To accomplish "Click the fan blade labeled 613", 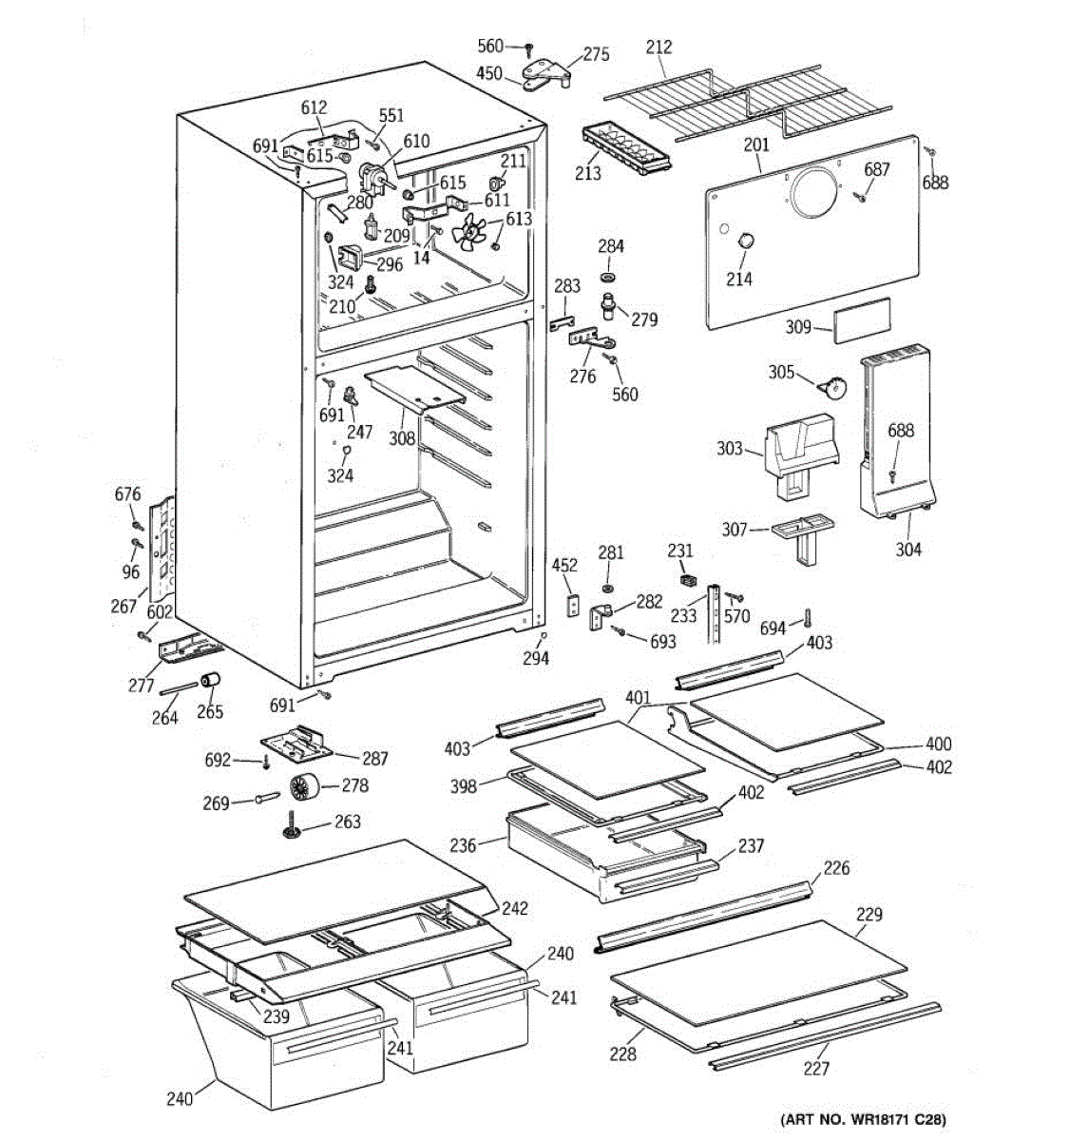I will point(471,231).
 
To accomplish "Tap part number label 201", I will point(756,145).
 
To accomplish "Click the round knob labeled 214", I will point(745,239).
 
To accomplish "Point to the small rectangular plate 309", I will point(863,319).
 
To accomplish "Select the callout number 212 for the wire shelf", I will point(659,47).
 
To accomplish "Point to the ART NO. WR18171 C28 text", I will point(863,1120).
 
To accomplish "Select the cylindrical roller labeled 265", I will point(210,681).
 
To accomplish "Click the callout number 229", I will point(869,915).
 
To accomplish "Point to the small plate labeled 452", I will point(574,606).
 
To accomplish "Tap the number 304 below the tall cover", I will point(907,549).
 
